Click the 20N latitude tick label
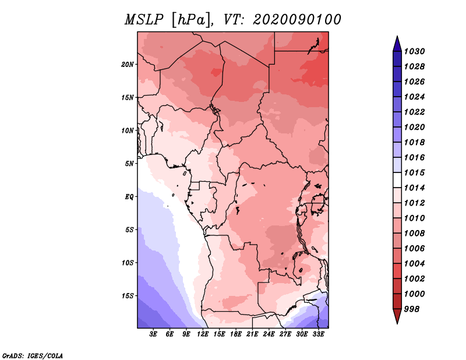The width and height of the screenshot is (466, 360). (128, 64)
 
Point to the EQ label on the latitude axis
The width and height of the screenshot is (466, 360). (129, 196)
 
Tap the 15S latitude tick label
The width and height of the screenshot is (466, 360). (128, 296)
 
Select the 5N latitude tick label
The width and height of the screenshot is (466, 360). (129, 164)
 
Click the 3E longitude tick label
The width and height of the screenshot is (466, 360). (154, 334)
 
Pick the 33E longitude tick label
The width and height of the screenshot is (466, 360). (319, 334)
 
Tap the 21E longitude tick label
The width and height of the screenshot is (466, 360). (252, 334)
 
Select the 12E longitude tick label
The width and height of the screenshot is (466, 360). (203, 334)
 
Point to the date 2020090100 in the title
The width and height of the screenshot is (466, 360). (296, 20)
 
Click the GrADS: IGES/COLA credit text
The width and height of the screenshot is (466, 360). (33, 355)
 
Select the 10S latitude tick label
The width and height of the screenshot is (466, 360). (128, 263)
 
